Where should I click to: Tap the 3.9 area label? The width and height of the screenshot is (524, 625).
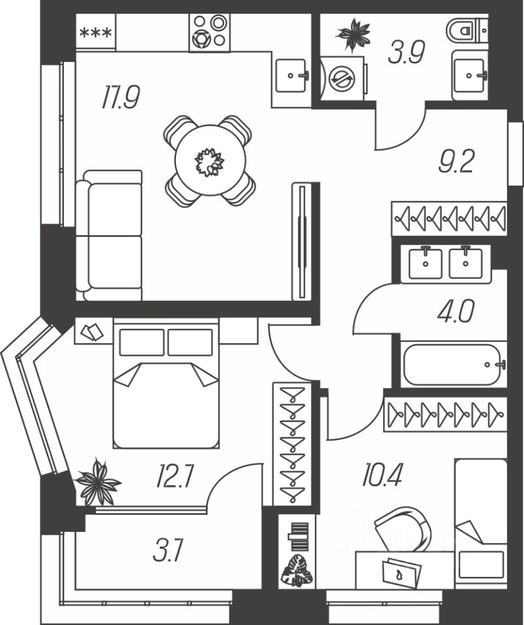coord(406,53)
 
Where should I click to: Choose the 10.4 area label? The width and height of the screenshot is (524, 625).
coord(382,476)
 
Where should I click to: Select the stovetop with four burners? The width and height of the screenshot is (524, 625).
coord(210,31)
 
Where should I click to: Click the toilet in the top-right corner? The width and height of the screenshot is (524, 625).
coord(467,30)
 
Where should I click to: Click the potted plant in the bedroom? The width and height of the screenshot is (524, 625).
coord(98,482)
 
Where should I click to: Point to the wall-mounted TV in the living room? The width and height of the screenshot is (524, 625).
coord(302,241)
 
